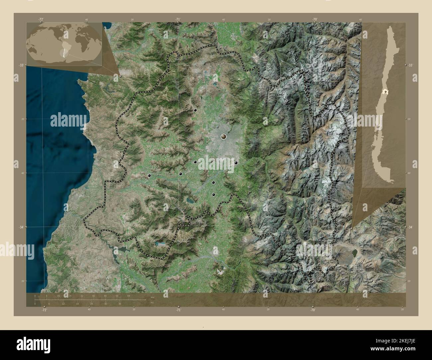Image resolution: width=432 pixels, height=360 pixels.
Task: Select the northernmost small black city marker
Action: pyautogui.click(x=195, y=110)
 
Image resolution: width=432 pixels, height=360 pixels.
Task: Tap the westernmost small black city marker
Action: pyautogui.click(x=150, y=176)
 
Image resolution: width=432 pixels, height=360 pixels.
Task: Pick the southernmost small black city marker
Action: pyautogui.click(x=214, y=195)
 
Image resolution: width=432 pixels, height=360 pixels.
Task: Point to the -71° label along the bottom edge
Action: pyautogui.click(x=178, y=310)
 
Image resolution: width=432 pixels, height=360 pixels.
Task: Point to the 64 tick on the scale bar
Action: pyautogui.click(x=128, y=296)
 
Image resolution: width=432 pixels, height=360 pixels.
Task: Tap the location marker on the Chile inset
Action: pyautogui.click(x=385, y=92)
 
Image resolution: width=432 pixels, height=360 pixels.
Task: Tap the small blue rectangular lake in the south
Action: pyautogui.click(x=160, y=244)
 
